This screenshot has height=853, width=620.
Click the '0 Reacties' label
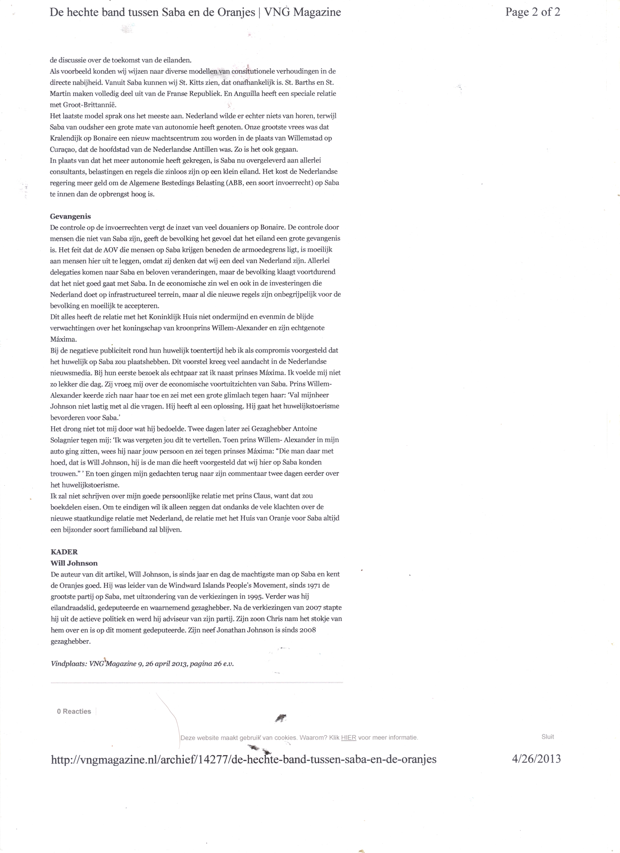coord(74,711)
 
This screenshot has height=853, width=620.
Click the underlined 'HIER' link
coord(348,738)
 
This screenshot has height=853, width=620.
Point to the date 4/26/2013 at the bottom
coord(536,759)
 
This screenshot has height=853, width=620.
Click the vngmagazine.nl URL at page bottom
coord(243,759)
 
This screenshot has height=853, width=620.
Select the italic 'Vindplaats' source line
coord(142,664)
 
